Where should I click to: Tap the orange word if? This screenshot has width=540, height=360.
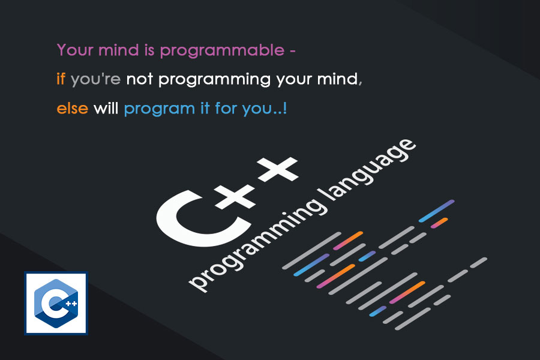(x=61, y=79)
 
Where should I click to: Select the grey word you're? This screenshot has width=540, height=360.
(x=96, y=80)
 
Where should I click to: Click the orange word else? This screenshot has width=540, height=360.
(x=73, y=109)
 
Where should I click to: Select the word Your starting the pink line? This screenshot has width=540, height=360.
(x=74, y=50)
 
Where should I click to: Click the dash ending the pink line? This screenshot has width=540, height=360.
(x=292, y=50)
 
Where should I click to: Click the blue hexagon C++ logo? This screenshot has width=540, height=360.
(x=56, y=303)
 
